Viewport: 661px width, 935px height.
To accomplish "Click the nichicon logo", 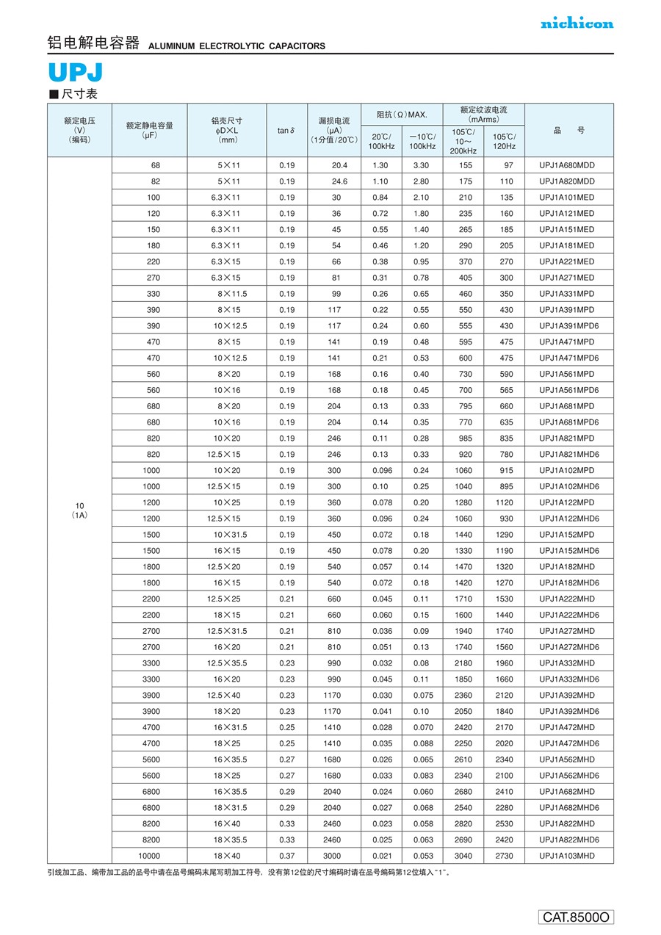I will click(577, 24).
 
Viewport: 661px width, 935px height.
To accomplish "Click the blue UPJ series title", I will click(76, 73).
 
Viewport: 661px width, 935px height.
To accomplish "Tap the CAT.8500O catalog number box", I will click(576, 917).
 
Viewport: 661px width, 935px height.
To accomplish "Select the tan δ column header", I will click(286, 131).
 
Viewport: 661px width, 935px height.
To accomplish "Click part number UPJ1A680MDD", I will click(566, 165).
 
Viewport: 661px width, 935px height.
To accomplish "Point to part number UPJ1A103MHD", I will click(566, 856).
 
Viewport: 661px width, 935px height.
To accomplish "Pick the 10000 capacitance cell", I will click(149, 856).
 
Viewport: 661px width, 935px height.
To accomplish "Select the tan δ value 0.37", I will click(286, 856).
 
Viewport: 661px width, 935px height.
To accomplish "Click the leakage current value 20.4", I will click(339, 165).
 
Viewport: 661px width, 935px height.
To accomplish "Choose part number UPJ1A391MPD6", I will click(568, 326).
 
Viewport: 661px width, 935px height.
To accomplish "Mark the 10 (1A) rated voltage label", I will click(80, 510).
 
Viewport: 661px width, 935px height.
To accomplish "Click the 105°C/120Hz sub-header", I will click(504, 141).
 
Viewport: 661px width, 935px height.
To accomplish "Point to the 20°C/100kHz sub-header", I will click(381, 141).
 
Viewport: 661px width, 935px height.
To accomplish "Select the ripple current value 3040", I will click(463, 856).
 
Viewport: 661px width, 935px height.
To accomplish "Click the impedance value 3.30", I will click(421, 165).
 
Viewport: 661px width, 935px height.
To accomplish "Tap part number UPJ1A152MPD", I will click(566, 535).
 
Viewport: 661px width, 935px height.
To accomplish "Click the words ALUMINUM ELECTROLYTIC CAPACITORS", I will click(236, 46).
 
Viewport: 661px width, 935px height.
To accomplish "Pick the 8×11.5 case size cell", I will click(231, 294).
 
